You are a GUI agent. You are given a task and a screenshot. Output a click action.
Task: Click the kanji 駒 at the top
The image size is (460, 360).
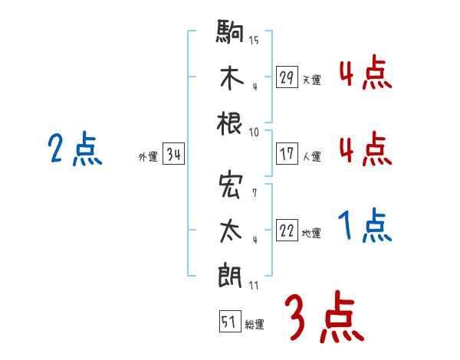point(231,32)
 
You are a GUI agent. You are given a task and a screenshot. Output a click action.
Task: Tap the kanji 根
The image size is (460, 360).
point(231,123)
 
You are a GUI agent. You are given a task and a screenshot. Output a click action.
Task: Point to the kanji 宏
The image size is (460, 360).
point(231,186)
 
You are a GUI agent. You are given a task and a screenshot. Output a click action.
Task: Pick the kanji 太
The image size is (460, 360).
point(231,230)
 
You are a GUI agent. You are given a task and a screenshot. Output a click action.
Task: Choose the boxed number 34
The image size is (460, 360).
point(173,155)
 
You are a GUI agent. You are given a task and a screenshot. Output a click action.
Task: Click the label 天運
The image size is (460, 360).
point(311,80)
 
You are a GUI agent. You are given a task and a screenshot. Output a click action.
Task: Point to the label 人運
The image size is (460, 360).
point(311,156)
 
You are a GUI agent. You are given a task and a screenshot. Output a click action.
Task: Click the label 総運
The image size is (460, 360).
point(255,325)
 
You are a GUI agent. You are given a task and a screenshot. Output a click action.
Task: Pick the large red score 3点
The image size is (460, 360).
point(323,318)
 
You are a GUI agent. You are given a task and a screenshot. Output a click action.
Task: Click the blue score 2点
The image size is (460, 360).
point(75,149)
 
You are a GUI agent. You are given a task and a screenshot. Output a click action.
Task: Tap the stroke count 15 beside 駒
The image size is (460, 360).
point(254,39)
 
